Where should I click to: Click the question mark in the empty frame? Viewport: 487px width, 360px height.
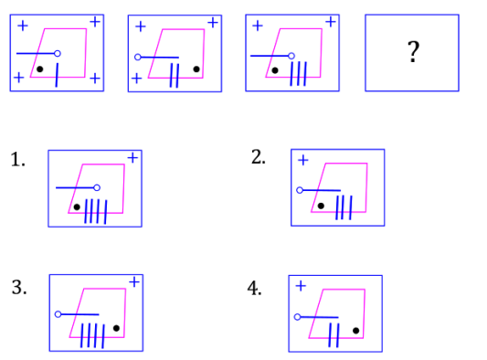pyautogui.click(x=413, y=53)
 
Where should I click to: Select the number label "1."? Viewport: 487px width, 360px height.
pyautogui.click(x=18, y=160)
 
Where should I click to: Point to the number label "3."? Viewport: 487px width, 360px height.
pyautogui.click(x=18, y=287)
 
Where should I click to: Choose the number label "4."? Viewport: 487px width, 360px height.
pyautogui.click(x=255, y=289)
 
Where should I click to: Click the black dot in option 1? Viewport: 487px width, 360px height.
pyautogui.click(x=77, y=206)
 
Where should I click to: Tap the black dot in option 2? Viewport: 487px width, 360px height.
pyautogui.click(x=321, y=206)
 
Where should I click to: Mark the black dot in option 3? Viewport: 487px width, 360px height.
pyautogui.click(x=116, y=327)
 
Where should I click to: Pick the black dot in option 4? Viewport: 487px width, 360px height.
pyautogui.click(x=355, y=330)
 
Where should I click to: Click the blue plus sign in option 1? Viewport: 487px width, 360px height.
pyautogui.click(x=132, y=158)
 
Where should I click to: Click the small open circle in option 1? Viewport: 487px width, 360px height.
pyautogui.click(x=96, y=188)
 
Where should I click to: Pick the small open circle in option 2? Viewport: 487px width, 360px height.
pyautogui.click(x=300, y=190)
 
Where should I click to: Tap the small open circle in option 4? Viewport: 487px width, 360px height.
pyautogui.click(x=297, y=316)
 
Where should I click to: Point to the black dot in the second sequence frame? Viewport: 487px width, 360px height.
pyautogui.click(x=196, y=69)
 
